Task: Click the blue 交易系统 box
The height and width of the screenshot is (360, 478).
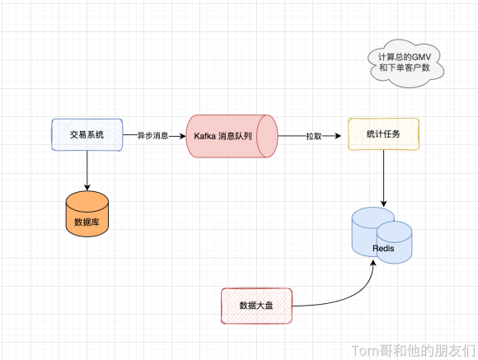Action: pos(87,135)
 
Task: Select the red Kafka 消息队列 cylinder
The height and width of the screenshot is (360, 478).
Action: pos(232,136)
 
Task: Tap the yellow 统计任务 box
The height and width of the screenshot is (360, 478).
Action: pos(383,134)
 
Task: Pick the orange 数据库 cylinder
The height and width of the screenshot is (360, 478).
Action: pos(87,213)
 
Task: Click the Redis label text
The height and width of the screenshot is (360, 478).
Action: pos(383,249)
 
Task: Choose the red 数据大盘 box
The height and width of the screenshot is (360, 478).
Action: pos(256,306)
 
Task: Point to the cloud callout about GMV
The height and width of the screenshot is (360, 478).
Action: pos(405,63)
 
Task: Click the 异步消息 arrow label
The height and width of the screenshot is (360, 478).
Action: pos(152,136)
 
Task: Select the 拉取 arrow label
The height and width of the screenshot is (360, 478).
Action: pos(314,136)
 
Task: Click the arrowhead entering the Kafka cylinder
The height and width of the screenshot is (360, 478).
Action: pos(182,136)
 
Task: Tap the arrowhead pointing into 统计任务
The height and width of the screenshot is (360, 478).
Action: pos(338,136)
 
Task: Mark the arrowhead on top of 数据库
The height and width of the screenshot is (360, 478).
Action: pos(87,187)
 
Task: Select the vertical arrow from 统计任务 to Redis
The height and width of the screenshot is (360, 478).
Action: pos(383,179)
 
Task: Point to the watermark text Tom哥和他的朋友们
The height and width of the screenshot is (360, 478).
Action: pos(414,351)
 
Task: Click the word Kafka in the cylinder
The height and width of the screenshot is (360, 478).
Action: pos(204,136)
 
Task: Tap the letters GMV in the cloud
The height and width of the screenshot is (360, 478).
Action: pos(421,57)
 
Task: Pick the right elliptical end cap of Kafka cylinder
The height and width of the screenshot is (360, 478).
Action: pos(267,136)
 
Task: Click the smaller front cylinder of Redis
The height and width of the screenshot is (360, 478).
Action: pos(394,242)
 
